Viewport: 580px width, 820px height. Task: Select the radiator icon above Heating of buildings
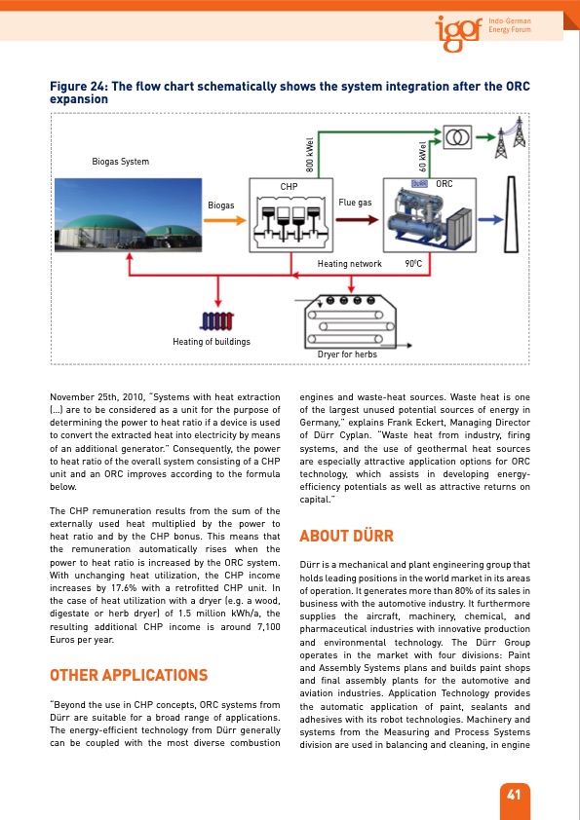[x=216, y=321]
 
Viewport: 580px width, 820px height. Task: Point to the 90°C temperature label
[x=412, y=264]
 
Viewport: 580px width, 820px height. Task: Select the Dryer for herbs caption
[x=347, y=354]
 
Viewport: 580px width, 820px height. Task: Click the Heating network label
[x=350, y=264]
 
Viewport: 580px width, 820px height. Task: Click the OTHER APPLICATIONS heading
[x=128, y=675]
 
